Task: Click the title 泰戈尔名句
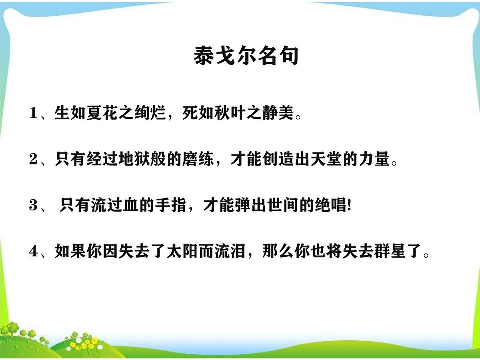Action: (x=246, y=56)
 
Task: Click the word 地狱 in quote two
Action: (x=130, y=160)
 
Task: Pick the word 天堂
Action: (x=330, y=160)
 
